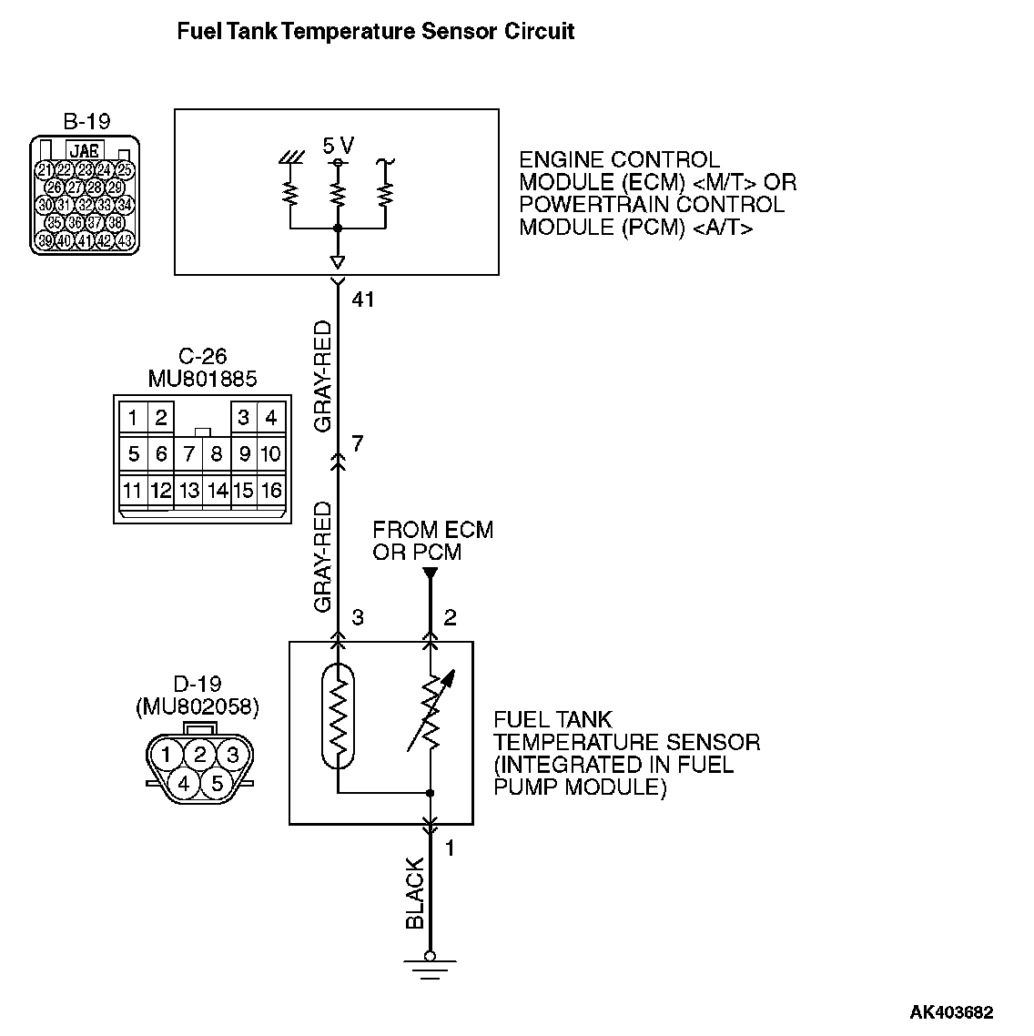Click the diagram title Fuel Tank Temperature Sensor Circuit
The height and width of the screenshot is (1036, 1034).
pyautogui.click(x=375, y=32)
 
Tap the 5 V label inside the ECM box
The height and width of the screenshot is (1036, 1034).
pyautogui.click(x=339, y=146)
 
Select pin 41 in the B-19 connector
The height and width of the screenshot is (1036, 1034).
pyautogui.click(x=85, y=240)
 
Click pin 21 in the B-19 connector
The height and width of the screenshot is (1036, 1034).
pyautogui.click(x=44, y=170)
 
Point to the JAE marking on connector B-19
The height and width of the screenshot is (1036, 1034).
pyautogui.click(x=85, y=150)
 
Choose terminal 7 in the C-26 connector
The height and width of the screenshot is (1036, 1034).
pyautogui.click(x=188, y=453)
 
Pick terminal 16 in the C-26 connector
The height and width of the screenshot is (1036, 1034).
pyautogui.click(x=270, y=491)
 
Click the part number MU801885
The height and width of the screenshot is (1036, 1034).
pyautogui.click(x=202, y=378)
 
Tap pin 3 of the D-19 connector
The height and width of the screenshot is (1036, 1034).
pyautogui.click(x=233, y=754)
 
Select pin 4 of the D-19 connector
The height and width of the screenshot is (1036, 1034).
pyautogui.click(x=184, y=782)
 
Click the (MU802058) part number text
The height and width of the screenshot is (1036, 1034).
pyautogui.click(x=197, y=706)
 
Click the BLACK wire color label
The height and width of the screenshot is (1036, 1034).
pyautogui.click(x=415, y=893)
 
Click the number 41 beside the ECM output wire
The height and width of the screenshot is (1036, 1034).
pyautogui.click(x=363, y=300)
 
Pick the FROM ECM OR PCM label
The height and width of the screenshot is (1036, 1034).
pyautogui.click(x=432, y=541)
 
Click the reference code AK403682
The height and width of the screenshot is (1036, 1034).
pyautogui.click(x=952, y=1011)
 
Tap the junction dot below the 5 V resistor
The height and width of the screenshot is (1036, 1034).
pyautogui.click(x=338, y=228)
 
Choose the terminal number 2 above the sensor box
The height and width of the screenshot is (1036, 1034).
pyautogui.click(x=450, y=618)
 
